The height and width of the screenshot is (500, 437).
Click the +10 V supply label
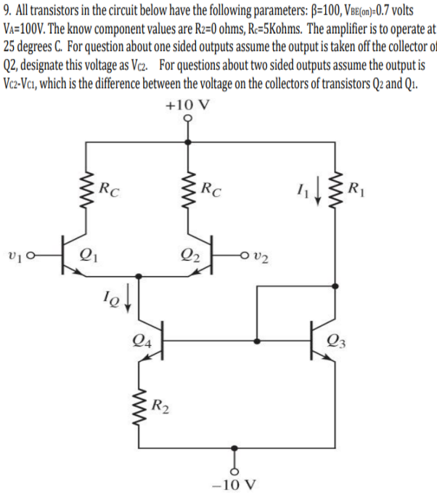pos(187,104)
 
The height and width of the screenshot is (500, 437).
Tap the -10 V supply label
pos(234,485)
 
